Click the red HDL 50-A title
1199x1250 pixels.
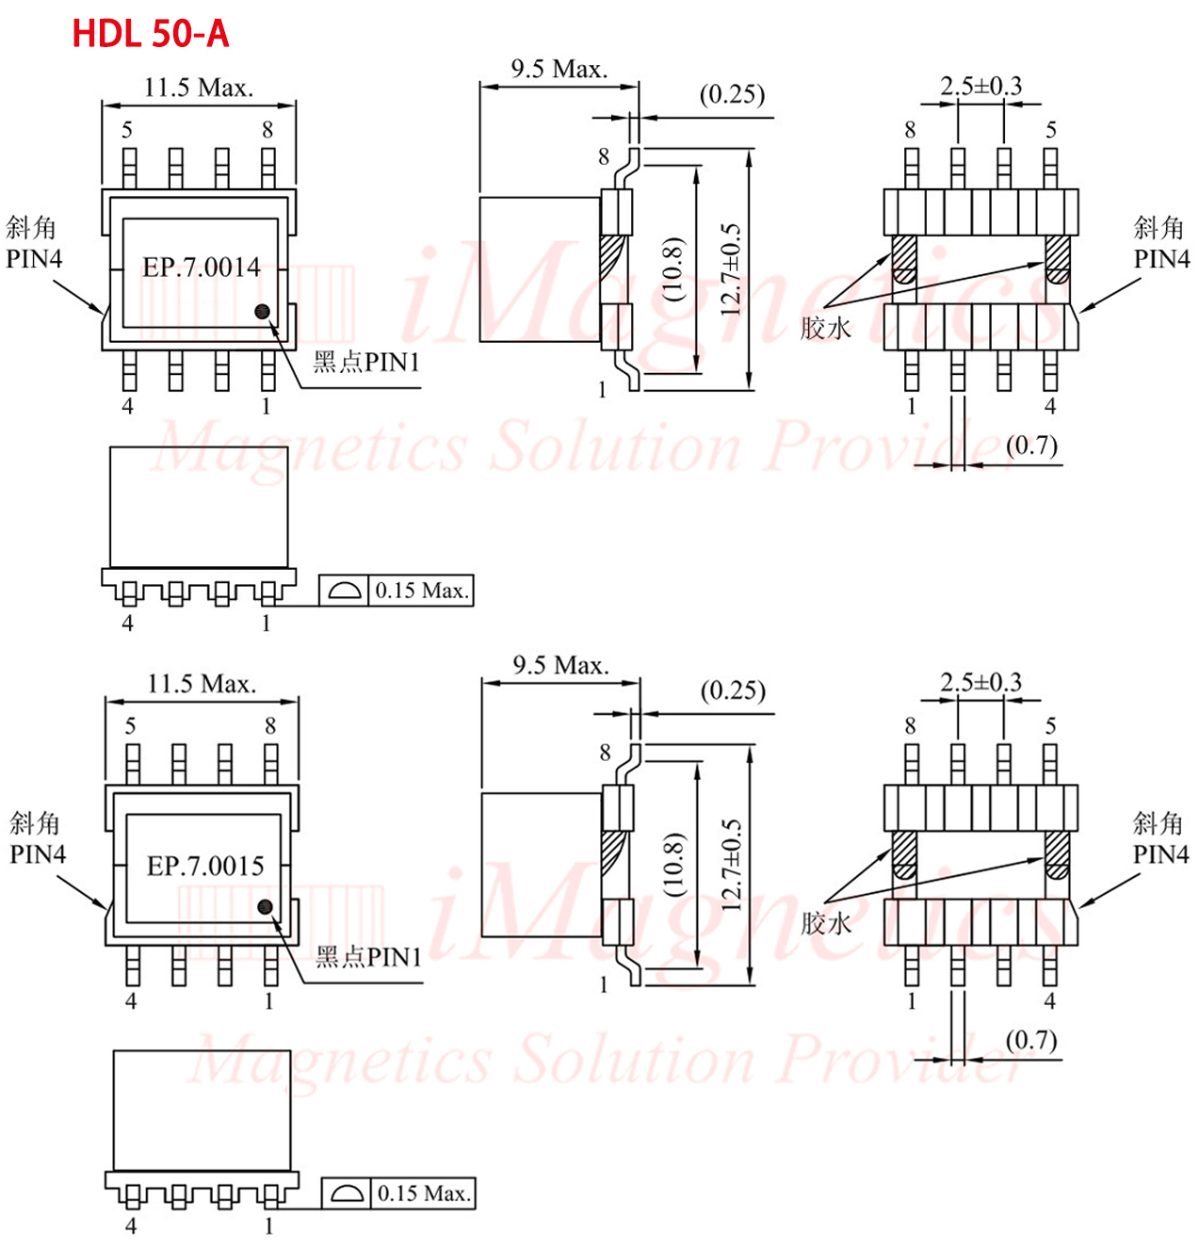(x=151, y=34)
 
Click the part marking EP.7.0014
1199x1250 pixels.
(x=201, y=268)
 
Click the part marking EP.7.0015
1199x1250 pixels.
(x=205, y=866)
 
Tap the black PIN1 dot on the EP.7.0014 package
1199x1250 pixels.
(x=262, y=312)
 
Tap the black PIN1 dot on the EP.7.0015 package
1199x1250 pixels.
(x=265, y=907)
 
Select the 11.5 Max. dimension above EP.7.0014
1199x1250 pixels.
(x=199, y=88)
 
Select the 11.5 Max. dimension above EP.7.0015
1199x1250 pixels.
(x=202, y=684)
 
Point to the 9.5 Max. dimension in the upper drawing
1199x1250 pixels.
(x=559, y=69)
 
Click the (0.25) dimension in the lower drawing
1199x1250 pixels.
(x=733, y=690)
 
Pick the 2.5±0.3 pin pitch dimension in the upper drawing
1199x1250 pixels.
(x=980, y=86)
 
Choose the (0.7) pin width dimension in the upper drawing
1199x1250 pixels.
(x=1030, y=446)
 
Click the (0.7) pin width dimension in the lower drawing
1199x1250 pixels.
(x=1030, y=1040)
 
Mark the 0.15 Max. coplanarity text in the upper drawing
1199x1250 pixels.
(x=422, y=591)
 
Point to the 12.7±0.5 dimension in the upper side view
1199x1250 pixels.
(x=730, y=269)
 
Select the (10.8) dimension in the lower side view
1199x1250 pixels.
(x=673, y=865)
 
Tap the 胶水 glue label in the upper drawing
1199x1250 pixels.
(x=825, y=328)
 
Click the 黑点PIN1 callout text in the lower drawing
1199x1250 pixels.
(x=368, y=957)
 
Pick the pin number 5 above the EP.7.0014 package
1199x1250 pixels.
(x=127, y=130)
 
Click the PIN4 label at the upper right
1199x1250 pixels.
(x=1161, y=259)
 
